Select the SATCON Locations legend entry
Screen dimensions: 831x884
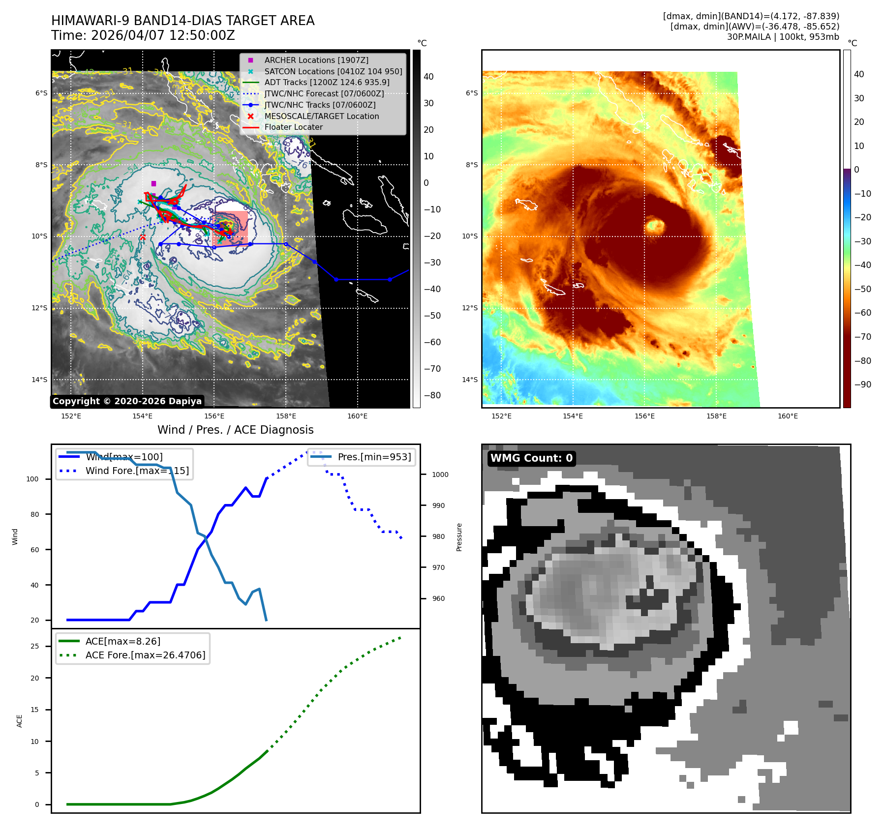click(333, 71)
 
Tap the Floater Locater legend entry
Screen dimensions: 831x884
click(293, 127)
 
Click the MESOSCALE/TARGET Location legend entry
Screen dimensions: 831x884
click(321, 116)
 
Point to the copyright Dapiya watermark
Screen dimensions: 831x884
click(127, 401)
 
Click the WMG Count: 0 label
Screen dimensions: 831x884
click(531, 458)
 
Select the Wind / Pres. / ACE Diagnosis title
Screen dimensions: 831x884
click(235, 430)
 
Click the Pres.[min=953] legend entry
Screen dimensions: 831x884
click(374, 457)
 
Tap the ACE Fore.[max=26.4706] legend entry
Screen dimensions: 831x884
click(145, 655)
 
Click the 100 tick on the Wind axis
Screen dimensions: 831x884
click(32, 479)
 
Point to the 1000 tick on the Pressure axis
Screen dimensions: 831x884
click(440, 475)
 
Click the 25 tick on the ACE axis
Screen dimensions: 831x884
click(34, 646)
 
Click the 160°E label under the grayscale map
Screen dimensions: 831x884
click(357, 416)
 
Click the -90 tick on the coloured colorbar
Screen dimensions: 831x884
click(862, 385)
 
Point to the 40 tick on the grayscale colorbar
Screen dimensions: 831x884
click(428, 77)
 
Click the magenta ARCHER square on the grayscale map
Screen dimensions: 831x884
click(153, 183)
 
